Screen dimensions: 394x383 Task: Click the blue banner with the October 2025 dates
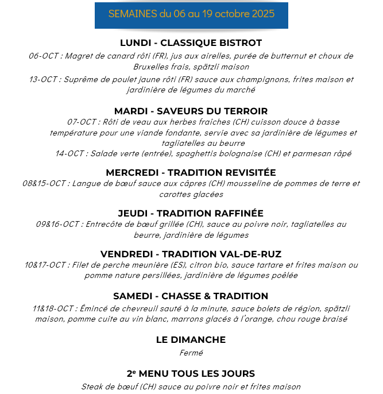(x=191, y=14)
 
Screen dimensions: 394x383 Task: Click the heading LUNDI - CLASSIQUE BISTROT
(x=191, y=43)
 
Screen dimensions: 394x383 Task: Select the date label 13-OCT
(x=44, y=80)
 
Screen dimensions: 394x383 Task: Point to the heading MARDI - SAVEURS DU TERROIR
(x=191, y=111)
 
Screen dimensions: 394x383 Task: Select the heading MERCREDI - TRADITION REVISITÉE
(x=191, y=172)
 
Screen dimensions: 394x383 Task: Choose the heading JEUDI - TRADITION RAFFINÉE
(x=191, y=213)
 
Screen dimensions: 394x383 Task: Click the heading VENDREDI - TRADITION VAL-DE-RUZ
(x=191, y=254)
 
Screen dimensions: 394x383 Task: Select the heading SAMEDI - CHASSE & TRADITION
(x=191, y=296)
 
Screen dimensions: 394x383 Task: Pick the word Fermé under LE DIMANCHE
(x=191, y=353)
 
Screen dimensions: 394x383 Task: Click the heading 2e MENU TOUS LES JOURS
(x=191, y=373)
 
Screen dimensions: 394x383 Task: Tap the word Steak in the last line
(x=92, y=387)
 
